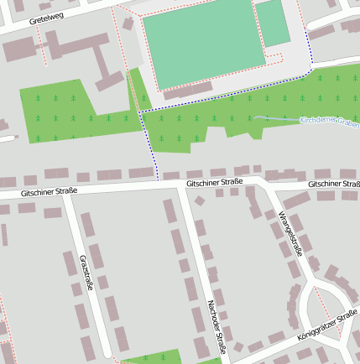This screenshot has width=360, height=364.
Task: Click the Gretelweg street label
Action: tap(48, 17)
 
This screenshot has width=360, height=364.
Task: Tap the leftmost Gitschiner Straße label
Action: tap(50, 192)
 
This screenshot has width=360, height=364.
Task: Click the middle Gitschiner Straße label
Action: tap(215, 181)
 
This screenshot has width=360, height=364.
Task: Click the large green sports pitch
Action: tap(199, 43)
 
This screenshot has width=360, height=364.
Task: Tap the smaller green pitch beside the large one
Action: tap(272, 23)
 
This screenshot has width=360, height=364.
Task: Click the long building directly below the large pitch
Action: tap(188, 91)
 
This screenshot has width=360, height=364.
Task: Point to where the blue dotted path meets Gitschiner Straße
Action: tap(157, 179)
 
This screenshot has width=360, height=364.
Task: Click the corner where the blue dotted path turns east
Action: tap(140, 111)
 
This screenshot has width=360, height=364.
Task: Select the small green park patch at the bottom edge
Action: tap(150, 358)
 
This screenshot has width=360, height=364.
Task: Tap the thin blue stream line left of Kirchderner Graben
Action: tap(277, 118)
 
